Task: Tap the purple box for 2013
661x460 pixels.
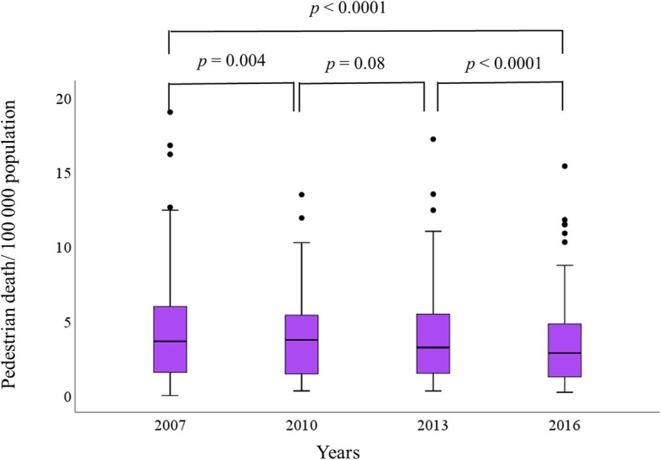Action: coord(433,343)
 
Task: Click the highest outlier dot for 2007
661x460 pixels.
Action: coord(170,112)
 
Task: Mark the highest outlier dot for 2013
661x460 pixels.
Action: coord(433,139)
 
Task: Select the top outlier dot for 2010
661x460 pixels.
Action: coord(301,194)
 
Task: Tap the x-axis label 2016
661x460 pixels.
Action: coord(563,423)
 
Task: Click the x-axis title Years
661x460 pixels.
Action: coord(339,452)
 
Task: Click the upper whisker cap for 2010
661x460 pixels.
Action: coord(301,242)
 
